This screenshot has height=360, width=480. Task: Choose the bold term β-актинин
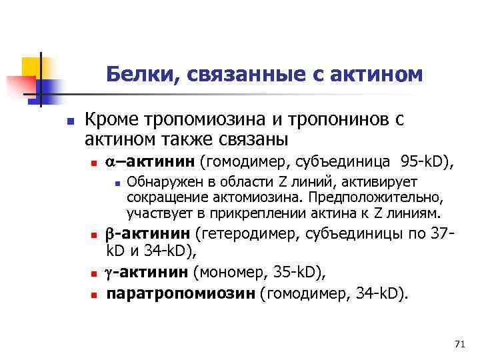149,235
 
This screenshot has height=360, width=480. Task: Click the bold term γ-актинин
148,273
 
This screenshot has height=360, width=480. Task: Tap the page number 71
458,343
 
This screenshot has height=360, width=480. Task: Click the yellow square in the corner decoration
31,67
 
